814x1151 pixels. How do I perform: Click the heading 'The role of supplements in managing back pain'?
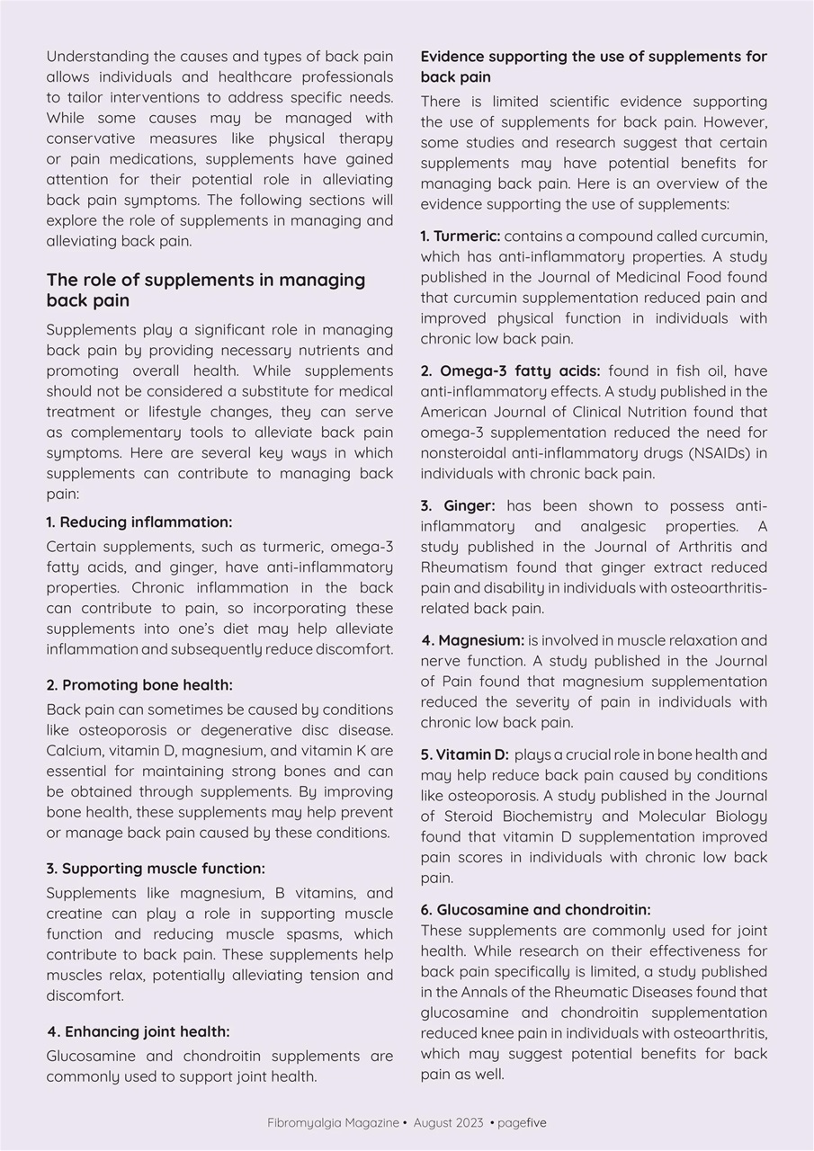tap(206, 290)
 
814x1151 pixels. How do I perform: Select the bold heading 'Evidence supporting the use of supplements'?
tap(594, 67)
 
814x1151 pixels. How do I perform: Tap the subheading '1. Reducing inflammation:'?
tap(139, 522)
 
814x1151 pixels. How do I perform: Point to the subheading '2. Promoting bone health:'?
tap(139, 685)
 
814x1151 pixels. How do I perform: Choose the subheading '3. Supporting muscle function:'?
tap(155, 869)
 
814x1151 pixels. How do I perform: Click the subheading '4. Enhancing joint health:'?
tap(139, 1031)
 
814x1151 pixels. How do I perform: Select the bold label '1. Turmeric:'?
tap(461, 236)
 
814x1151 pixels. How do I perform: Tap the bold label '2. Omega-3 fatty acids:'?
tap(511, 371)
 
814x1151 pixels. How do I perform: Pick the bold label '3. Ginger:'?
tap(458, 506)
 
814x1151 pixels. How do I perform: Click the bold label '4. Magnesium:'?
tap(472, 641)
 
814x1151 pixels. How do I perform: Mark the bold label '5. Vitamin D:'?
tap(464, 754)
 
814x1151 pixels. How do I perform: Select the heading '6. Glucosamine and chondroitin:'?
tap(535, 910)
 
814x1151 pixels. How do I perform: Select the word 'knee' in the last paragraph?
tap(497, 1033)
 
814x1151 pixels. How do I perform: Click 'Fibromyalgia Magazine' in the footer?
tap(333, 1123)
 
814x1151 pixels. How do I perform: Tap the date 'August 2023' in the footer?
tap(448, 1123)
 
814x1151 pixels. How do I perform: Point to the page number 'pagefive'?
tap(522, 1123)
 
